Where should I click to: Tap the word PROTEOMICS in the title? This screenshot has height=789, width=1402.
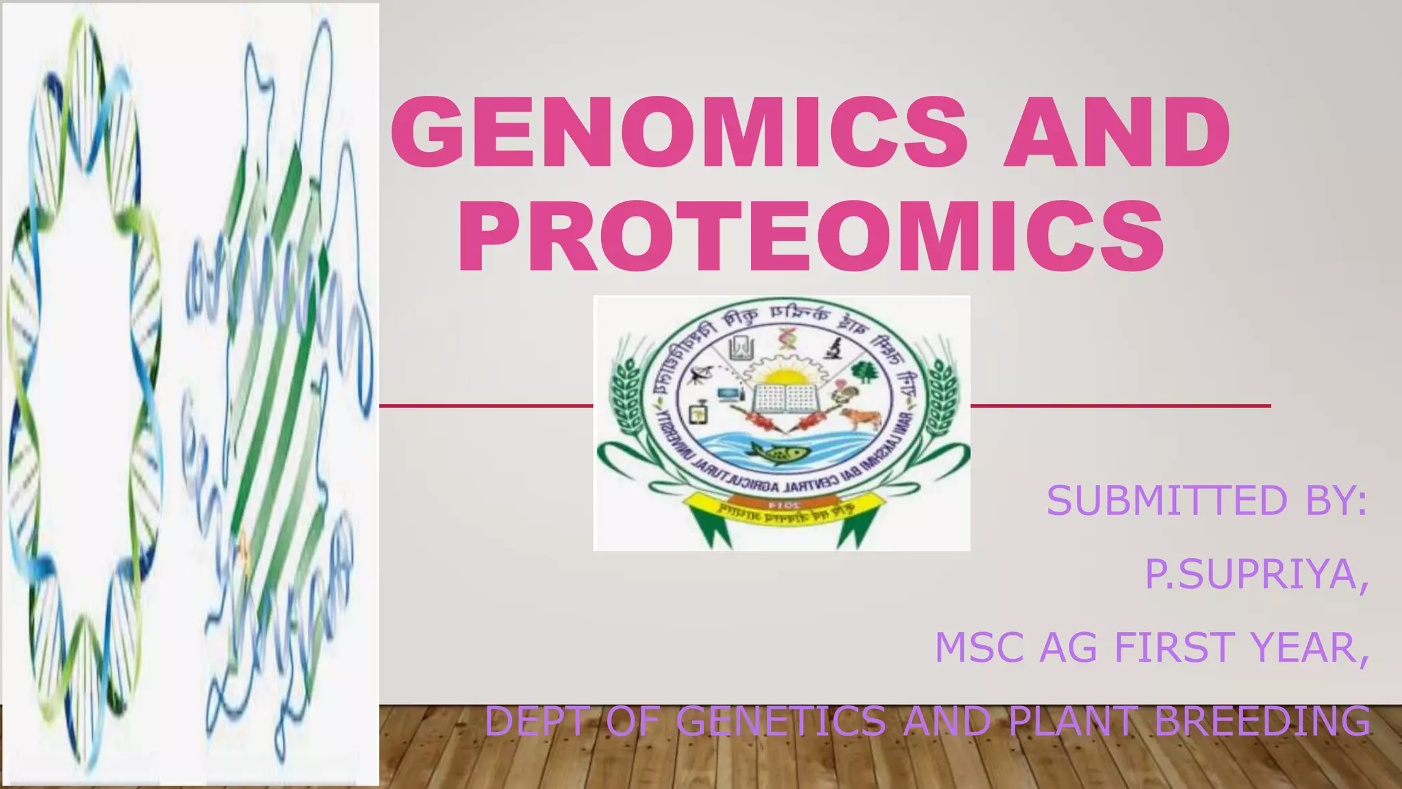pos(811,236)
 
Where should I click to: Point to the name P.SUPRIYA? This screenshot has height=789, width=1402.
pos(1256,574)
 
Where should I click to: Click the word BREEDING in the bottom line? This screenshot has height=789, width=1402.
pos(1263,721)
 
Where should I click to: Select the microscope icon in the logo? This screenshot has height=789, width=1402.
pos(833,348)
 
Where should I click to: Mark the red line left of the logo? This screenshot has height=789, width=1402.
pos(486,406)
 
